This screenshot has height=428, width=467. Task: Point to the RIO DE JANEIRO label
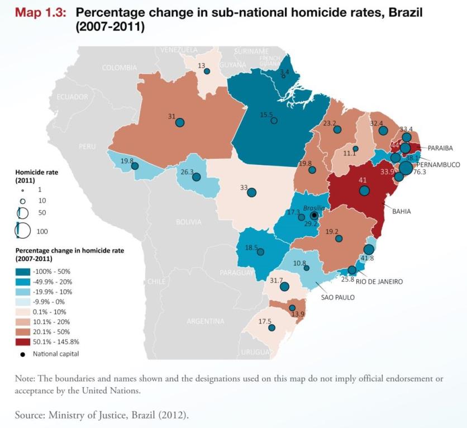pos(379,282)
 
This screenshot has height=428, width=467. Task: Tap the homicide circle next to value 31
pos(180,122)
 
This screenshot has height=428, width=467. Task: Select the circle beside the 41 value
pos(365,191)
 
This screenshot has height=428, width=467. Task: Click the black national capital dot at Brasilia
pos(314,215)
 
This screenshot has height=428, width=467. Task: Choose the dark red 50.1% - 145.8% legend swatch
pos(23,342)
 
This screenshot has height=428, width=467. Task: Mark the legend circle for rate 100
pos(23,230)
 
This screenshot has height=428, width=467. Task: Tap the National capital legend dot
pos(23,354)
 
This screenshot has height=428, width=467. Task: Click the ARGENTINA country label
pos(205,321)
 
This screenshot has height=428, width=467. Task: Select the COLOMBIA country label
pos(119,68)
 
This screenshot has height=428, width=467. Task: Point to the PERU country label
pos(87,146)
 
